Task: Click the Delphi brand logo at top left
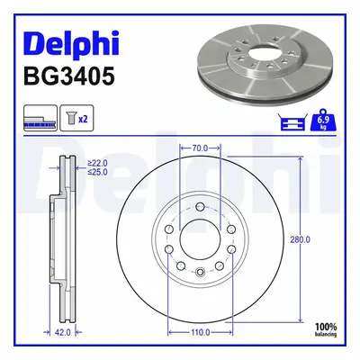pos(71,45)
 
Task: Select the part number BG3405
pos(69,76)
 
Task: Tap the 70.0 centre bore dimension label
pos(200,148)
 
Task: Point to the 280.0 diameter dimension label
pos(300,239)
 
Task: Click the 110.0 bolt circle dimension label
pos(201,332)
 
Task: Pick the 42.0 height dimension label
pos(63,332)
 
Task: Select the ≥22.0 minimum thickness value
pos(97,163)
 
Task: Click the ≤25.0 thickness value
pos(97,172)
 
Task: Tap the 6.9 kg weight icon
pos(323,120)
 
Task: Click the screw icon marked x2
pos(76,118)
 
